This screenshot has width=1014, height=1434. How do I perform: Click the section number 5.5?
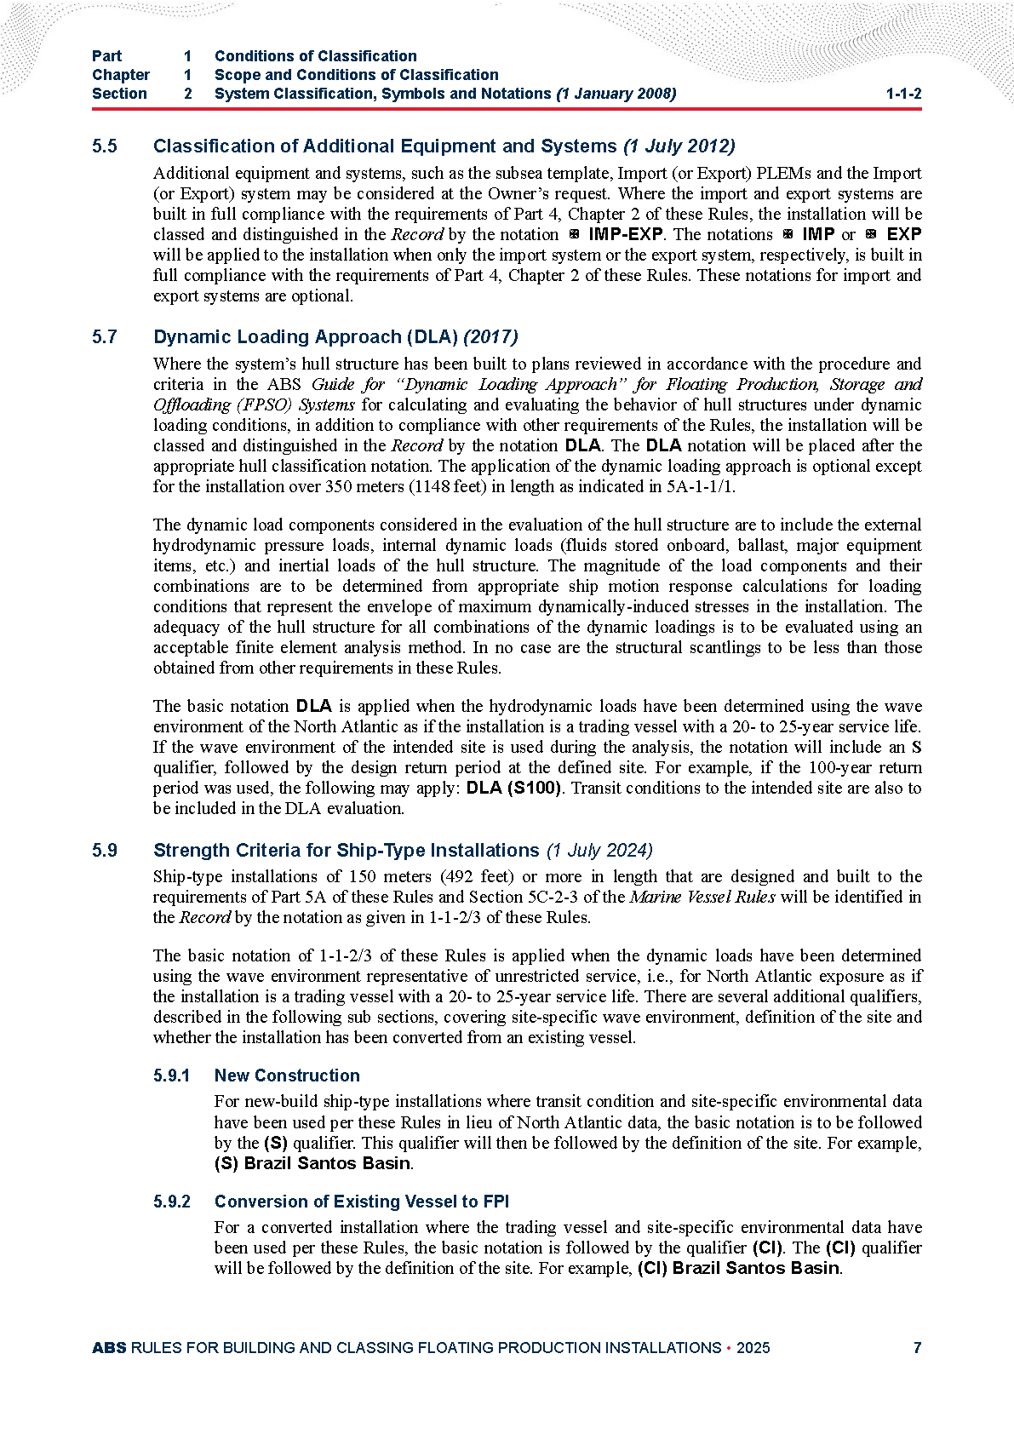pos(105,146)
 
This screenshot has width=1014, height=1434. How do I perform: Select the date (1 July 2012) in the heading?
pos(679,146)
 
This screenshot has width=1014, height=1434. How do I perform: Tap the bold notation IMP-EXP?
pos(625,234)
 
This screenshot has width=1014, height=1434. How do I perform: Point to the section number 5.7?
pos(105,337)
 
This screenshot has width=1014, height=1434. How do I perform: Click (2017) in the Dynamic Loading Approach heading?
pos(490,337)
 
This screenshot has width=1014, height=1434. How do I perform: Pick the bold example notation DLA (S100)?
pos(514,789)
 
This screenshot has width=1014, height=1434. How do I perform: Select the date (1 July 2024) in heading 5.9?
pos(599,851)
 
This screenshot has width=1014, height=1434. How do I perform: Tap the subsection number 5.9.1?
pos(172,1076)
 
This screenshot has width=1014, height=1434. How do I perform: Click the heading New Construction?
pos(287,1076)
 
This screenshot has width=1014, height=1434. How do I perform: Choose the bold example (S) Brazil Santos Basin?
pos(312,1164)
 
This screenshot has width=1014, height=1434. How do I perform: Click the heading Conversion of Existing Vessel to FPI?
pos(361,1202)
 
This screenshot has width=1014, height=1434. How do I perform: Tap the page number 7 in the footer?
pos(917,1348)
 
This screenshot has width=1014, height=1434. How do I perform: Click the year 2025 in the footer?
pos(753,1348)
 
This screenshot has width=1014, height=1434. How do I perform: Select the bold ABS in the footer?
pos(109,1348)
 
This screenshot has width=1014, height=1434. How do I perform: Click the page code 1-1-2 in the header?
pos(903,94)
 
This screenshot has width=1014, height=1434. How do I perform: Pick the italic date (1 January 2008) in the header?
pos(616,94)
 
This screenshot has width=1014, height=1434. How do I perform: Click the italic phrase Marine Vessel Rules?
pos(702,898)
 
